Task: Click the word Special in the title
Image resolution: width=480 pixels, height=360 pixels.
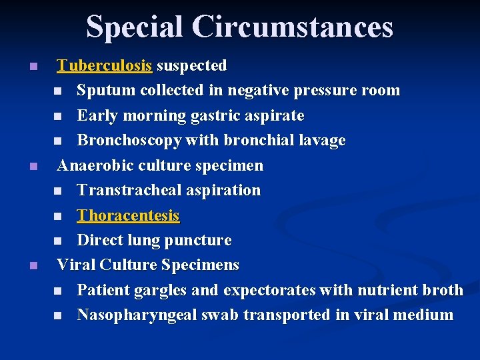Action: point(134,27)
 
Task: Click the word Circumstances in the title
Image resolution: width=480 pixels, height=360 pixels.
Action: point(293,27)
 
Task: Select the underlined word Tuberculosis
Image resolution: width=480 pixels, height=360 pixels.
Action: point(105,65)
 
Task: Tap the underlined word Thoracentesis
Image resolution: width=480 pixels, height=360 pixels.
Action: point(128,215)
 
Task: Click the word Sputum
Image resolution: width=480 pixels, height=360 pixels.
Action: point(103,90)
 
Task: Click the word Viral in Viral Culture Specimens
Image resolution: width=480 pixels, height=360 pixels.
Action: point(76,265)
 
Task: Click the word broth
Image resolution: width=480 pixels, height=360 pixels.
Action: point(443,290)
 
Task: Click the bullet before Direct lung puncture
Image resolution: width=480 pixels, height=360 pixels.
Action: point(58,241)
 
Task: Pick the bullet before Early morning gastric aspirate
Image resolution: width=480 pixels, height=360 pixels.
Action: point(58,116)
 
